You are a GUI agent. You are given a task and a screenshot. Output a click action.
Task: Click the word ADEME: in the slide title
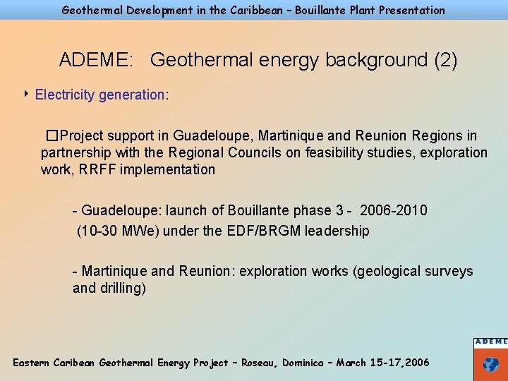click(x=96, y=60)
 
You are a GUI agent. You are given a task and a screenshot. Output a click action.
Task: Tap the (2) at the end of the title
click(x=446, y=60)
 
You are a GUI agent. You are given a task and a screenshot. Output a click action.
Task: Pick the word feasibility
click(x=333, y=152)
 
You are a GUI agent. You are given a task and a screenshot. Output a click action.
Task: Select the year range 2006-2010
click(x=393, y=210)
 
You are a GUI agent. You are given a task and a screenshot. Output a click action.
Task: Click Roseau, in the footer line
click(x=259, y=362)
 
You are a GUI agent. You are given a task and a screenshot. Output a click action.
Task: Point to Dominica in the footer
click(x=305, y=362)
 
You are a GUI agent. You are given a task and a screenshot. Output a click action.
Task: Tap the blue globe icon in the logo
click(x=491, y=365)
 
